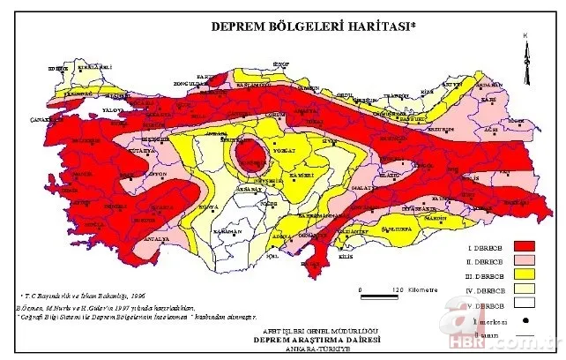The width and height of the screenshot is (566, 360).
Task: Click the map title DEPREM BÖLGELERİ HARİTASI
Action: [313, 26]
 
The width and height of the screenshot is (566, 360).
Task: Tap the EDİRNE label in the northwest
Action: [57, 68]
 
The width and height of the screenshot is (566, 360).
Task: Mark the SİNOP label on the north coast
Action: [280, 64]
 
